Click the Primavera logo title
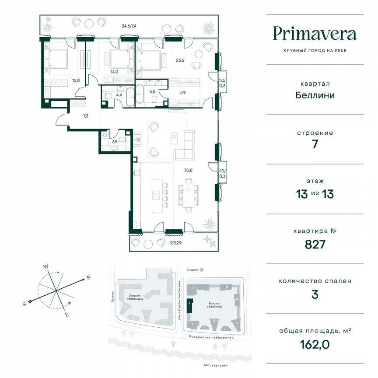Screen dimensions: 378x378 click(x=315, y=34)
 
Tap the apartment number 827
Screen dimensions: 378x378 click(x=315, y=244)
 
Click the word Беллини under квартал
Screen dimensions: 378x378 click(x=315, y=95)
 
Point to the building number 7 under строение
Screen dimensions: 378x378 click(x=315, y=144)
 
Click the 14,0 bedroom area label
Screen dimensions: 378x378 click(x=114, y=71)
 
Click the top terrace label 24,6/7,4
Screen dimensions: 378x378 click(x=129, y=26)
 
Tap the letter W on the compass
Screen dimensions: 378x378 click(x=45, y=266)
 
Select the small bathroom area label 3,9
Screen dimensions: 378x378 click(x=115, y=142)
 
